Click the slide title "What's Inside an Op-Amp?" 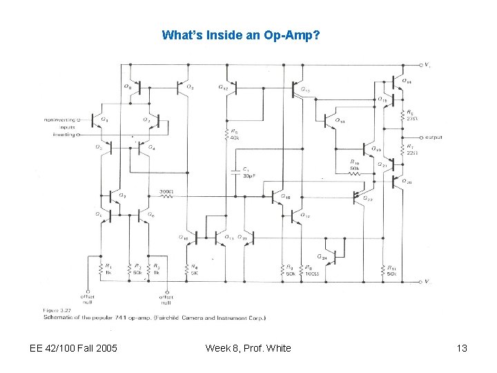pos(240,35)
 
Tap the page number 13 pos(462,348)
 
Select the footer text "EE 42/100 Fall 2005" pos(74,348)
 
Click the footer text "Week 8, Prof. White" pos(248,348)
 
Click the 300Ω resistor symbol pos(166,196)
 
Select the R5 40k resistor pos(226,134)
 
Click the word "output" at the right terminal pos(433,137)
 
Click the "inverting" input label pos(62,135)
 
